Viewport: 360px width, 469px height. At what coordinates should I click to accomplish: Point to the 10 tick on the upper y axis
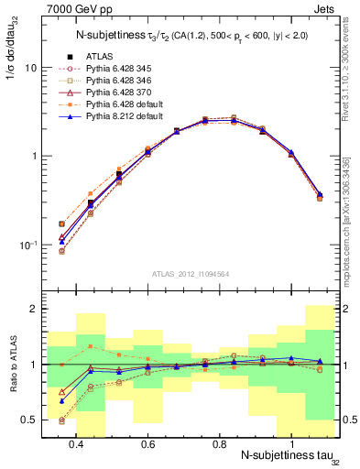pos(30,68)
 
